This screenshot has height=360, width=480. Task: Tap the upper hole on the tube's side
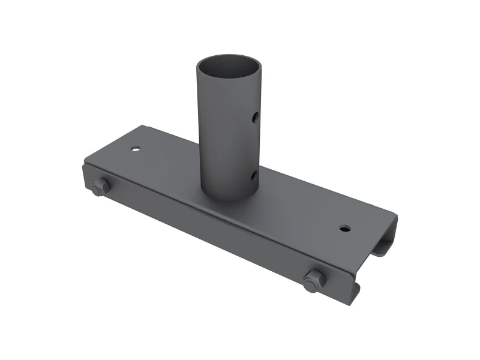tap(254, 115)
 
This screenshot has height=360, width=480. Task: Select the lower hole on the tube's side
tap(254, 175)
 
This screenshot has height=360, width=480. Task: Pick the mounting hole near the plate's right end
tap(344, 229)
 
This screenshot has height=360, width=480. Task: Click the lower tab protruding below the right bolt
tap(355, 292)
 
